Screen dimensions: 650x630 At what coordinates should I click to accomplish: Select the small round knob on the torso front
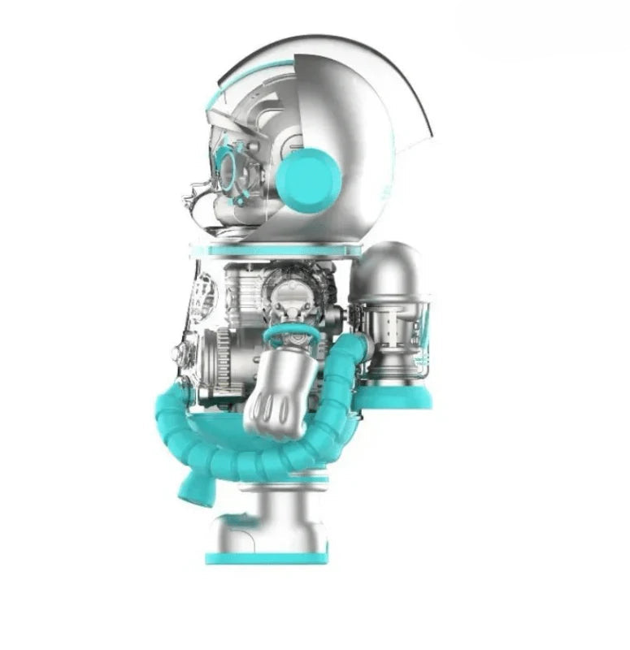point(176,353)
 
